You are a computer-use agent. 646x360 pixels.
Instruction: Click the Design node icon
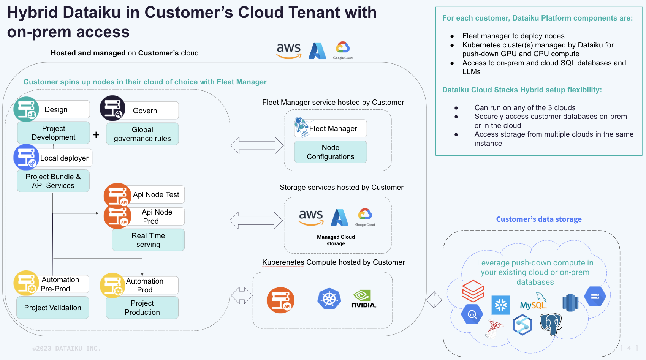pos(26,109)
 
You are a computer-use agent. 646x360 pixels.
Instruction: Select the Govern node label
pos(145,111)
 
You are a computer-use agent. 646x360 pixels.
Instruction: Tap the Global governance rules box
pos(142,134)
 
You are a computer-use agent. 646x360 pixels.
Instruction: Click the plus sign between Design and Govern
pos(96,135)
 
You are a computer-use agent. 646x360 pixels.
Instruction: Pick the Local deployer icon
pos(26,157)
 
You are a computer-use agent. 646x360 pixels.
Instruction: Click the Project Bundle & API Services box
pos(53,181)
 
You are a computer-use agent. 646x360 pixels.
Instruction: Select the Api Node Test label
pos(156,194)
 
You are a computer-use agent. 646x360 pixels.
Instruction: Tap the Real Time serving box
pos(148,240)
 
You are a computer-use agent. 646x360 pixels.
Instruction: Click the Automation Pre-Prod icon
pos(26,283)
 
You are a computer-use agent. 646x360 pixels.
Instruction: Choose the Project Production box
pos(142,308)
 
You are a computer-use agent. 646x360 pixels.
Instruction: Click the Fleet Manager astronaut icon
pos(302,127)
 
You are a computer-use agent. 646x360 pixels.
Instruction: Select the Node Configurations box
pos(330,152)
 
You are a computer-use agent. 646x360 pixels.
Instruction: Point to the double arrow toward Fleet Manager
pos(257,145)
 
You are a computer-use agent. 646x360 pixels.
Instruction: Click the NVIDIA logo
pos(363,299)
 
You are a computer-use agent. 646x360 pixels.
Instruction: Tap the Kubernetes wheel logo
pos(329,298)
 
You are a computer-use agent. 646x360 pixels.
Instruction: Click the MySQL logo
pos(534,303)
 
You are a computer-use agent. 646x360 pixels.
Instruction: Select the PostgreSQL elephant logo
pos(551,324)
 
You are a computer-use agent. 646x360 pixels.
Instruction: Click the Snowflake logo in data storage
pos(501,305)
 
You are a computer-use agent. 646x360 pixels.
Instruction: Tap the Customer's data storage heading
pos(538,219)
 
